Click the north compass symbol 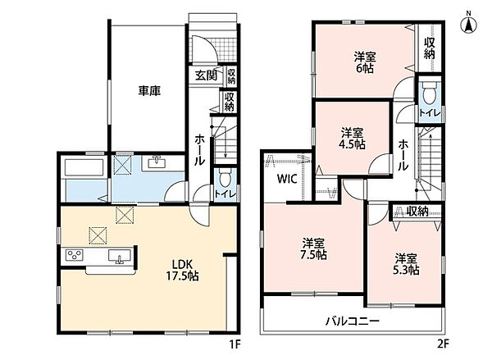point(469,23)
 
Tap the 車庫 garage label point(150,91)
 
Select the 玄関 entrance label point(206,75)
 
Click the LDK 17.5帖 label point(182,270)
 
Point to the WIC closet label point(287,179)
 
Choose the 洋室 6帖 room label point(365,62)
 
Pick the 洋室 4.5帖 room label point(352,139)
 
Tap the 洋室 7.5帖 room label point(313,249)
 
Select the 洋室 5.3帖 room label point(406,264)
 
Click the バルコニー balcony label point(353,321)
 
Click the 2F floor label point(444,344)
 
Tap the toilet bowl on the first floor point(225,178)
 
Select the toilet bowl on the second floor point(429,92)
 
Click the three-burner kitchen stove point(75,255)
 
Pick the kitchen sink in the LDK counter point(120,256)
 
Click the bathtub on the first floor point(84,167)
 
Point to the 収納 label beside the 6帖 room point(430,48)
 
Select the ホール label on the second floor point(403,155)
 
